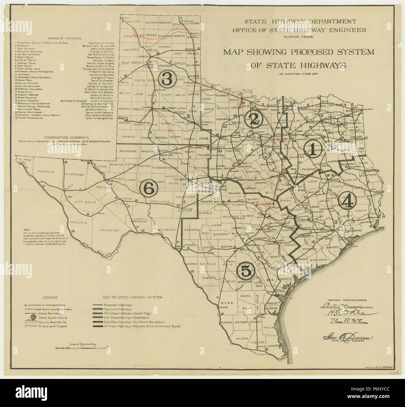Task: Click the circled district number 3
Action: pos(166,79)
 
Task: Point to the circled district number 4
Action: pos(347,202)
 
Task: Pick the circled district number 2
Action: pos(253,120)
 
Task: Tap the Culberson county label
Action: pos(74,175)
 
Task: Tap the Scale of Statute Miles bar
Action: pos(76,346)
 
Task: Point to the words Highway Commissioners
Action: pos(343,299)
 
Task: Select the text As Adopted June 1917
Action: pos(298,74)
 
